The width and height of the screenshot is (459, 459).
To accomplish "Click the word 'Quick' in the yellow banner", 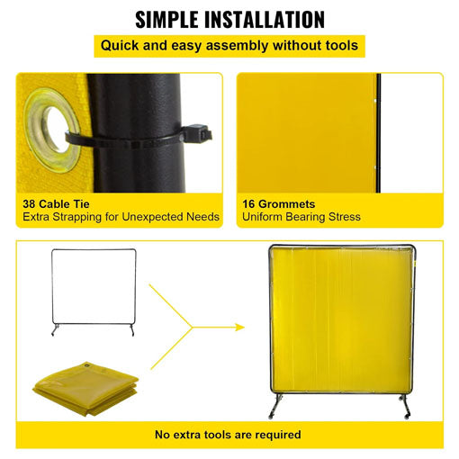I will (x=121, y=45).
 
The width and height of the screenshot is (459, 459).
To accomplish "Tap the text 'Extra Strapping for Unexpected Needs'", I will (x=121, y=217).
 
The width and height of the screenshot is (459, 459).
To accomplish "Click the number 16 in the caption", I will (x=250, y=204).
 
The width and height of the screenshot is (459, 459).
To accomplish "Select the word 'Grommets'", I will (x=291, y=204).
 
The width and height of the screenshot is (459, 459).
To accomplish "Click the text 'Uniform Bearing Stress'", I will (x=301, y=217).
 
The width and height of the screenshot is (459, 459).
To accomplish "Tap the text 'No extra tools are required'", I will (x=229, y=435).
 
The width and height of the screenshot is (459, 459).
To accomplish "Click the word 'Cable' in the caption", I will (x=61, y=204).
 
